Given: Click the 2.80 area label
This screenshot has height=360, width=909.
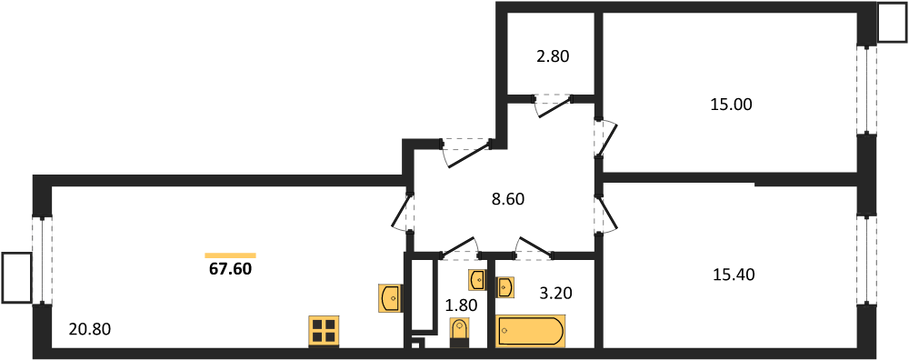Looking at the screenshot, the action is point(553,56).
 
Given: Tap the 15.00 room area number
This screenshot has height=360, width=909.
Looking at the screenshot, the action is point(731,105).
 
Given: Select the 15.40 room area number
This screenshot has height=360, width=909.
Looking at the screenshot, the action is point(734,275).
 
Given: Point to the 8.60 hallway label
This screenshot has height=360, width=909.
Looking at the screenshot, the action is point(507,199).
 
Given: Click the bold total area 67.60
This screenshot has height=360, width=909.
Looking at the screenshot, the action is point(230,270).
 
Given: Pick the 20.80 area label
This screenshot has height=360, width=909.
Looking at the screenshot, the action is point(89,329).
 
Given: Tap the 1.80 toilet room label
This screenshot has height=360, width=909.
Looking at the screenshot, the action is point(462,305).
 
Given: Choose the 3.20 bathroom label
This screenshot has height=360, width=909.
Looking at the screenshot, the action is point(557,294).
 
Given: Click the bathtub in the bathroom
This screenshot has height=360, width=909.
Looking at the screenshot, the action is point(530,331).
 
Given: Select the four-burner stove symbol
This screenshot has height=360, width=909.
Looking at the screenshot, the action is point(325,332).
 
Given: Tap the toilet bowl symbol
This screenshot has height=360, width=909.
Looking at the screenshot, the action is point(459,335).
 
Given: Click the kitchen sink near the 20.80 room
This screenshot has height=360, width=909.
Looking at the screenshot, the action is point(389,298).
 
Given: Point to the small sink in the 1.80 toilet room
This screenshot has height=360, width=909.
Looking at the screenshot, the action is point(478,280).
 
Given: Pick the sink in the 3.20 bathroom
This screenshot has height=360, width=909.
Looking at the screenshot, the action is point(504,286).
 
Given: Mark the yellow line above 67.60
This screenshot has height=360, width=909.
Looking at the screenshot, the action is point(230,255).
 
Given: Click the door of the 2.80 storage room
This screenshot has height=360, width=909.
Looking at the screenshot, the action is point(553,105).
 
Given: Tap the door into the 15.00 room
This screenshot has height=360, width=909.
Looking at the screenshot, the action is point(605,138).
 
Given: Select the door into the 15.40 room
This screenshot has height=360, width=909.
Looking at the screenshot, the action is point(605,215).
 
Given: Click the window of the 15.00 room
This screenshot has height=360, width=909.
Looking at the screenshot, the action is point(866,90).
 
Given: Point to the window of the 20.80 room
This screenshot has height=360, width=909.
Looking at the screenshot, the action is point(43,260).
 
